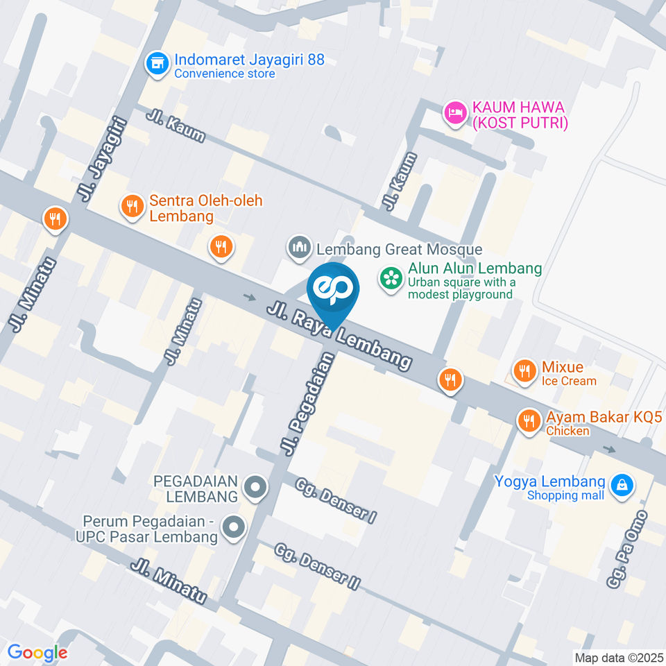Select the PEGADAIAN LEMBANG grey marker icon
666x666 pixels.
(255, 488)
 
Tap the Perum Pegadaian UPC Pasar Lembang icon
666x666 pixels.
(234, 529)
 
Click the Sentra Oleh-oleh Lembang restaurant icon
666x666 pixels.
(132, 207)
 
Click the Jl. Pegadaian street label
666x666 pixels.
(309, 404)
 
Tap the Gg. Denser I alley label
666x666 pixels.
(335, 500)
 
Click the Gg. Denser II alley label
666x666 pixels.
(317, 567)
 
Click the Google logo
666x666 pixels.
(37, 653)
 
